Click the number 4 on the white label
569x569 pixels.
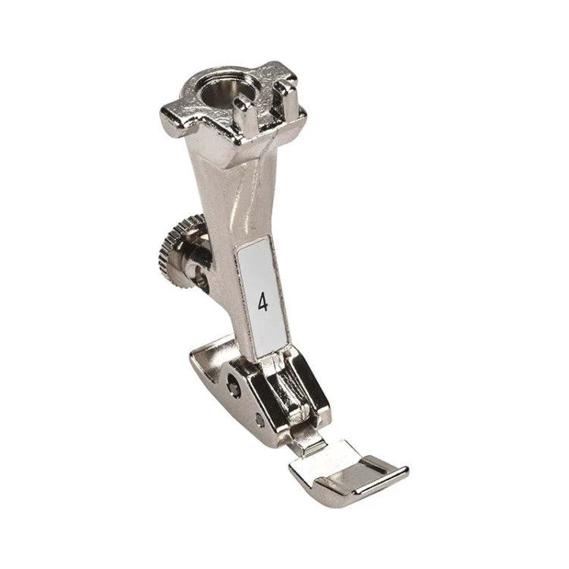point(263,302)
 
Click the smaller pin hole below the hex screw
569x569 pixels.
point(259,420)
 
